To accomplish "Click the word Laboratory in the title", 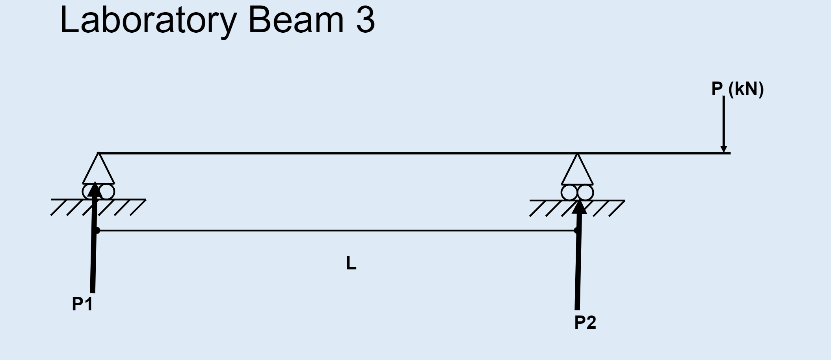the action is pyautogui.click(x=148, y=20).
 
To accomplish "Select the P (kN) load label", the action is pyautogui.click(x=737, y=89).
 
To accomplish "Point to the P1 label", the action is pyautogui.click(x=82, y=304).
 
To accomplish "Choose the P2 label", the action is pyautogui.click(x=585, y=323).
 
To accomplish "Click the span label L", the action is pyautogui.click(x=351, y=264).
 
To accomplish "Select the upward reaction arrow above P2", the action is pyautogui.click(x=578, y=260).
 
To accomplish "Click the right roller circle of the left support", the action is pyautogui.click(x=107, y=192).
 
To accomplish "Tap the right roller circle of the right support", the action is pyautogui.click(x=586, y=193).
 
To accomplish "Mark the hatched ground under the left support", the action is pyautogui.click(x=118, y=207).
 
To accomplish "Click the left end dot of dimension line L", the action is pyautogui.click(x=97, y=230).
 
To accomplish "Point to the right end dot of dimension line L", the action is pyautogui.click(x=576, y=230).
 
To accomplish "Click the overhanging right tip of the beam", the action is pyautogui.click(x=729, y=153).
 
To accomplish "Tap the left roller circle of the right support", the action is pyautogui.click(x=569, y=193).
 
